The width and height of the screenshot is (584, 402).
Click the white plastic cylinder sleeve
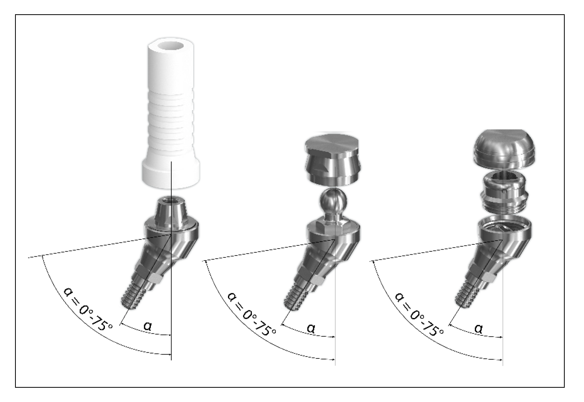tap(171, 114)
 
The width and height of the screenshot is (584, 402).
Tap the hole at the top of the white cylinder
tap(171, 46)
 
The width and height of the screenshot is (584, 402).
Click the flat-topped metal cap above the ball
tap(333, 160)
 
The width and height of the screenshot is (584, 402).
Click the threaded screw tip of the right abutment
tap(467, 294)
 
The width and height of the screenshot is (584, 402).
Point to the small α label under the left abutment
tap(148, 326)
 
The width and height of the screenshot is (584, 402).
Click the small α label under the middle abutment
tap(311, 328)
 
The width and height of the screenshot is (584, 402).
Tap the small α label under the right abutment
tap(478, 328)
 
